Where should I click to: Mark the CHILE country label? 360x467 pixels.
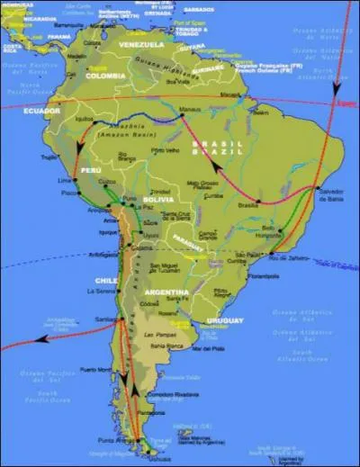(x=103, y=280)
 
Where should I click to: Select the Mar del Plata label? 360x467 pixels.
(x=206, y=347)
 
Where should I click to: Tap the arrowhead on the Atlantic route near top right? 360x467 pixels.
(x=337, y=89)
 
